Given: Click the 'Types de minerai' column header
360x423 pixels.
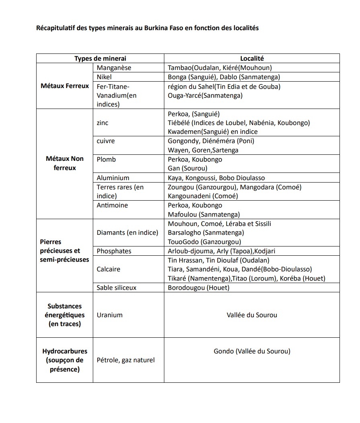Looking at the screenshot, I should (x=100, y=59).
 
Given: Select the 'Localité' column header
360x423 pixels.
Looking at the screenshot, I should (x=252, y=59).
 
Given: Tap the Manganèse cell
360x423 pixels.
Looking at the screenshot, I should (x=114, y=68).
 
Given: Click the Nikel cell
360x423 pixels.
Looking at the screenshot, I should (x=104, y=77).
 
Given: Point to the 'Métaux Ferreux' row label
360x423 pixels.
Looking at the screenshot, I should (x=65, y=86).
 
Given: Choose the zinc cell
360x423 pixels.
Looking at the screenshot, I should (x=102, y=123).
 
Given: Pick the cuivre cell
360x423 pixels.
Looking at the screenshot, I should (x=106, y=141).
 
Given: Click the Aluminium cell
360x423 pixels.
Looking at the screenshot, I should (x=113, y=178).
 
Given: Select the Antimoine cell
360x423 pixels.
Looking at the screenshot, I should (x=112, y=205).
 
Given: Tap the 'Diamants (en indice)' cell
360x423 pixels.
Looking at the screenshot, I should (x=127, y=233).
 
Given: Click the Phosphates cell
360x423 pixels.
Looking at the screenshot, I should (x=114, y=251).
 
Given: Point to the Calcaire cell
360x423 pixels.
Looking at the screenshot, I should (x=108, y=269).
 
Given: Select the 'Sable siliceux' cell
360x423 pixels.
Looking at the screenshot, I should (x=117, y=288).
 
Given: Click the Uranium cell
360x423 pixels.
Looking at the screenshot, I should (x=109, y=315).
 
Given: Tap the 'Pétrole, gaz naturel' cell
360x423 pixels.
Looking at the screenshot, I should (x=125, y=360).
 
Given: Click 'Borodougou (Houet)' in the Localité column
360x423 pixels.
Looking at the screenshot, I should (x=198, y=288).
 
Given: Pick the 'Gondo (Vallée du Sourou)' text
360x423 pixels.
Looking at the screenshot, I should (x=252, y=351).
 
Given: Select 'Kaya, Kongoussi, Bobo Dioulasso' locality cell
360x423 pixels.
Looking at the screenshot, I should (x=216, y=178).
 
